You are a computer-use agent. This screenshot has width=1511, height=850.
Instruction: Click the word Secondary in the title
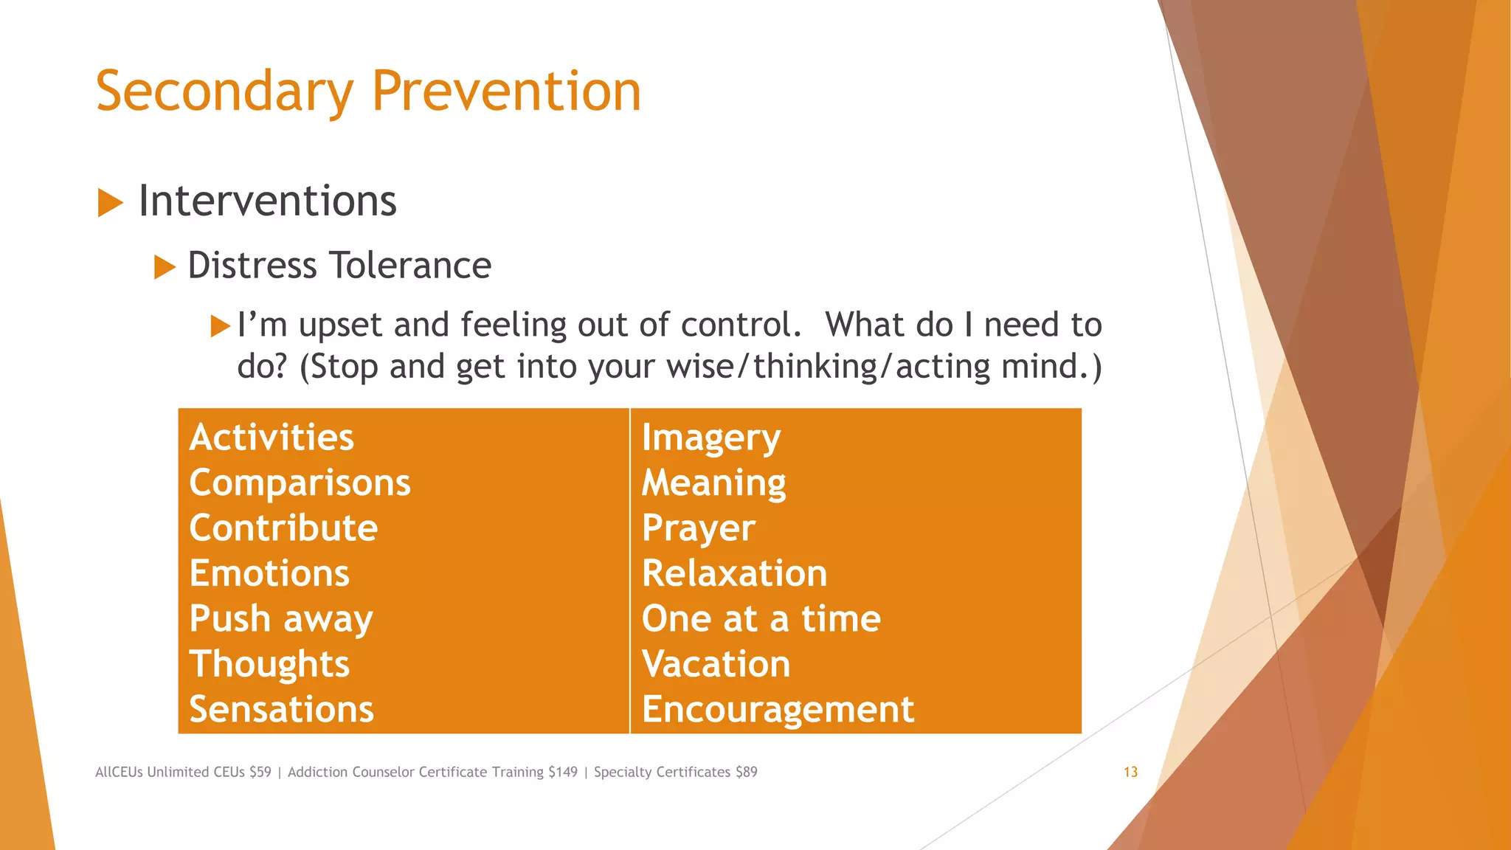pos(225,91)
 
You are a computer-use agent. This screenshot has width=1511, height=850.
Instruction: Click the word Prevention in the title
pos(506,91)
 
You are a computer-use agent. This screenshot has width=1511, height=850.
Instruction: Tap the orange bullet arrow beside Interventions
pos(110,203)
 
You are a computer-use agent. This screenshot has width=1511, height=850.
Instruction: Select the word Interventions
pos(267,201)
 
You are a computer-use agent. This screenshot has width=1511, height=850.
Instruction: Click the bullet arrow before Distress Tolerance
pos(165,267)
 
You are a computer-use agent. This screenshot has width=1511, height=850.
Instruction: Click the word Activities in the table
pos(272,437)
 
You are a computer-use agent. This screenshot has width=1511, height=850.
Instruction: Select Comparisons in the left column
pos(300,483)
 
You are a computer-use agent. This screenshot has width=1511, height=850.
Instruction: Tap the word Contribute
pos(283,528)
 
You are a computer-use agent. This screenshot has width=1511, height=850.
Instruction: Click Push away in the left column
pos(280,618)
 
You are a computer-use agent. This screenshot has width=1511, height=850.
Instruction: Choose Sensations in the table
pos(281,709)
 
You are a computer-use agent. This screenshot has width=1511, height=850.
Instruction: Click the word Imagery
pos(710,438)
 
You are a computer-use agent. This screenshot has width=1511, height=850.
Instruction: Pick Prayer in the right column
pos(698,528)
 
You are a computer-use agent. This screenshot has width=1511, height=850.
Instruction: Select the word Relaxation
pos(734,573)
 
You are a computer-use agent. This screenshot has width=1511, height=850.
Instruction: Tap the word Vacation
pos(716,664)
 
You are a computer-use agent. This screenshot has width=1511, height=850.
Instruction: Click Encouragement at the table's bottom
pos(778,709)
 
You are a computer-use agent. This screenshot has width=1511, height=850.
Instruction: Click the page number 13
pos(1130,772)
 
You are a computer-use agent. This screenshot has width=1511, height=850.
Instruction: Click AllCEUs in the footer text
pos(119,772)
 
